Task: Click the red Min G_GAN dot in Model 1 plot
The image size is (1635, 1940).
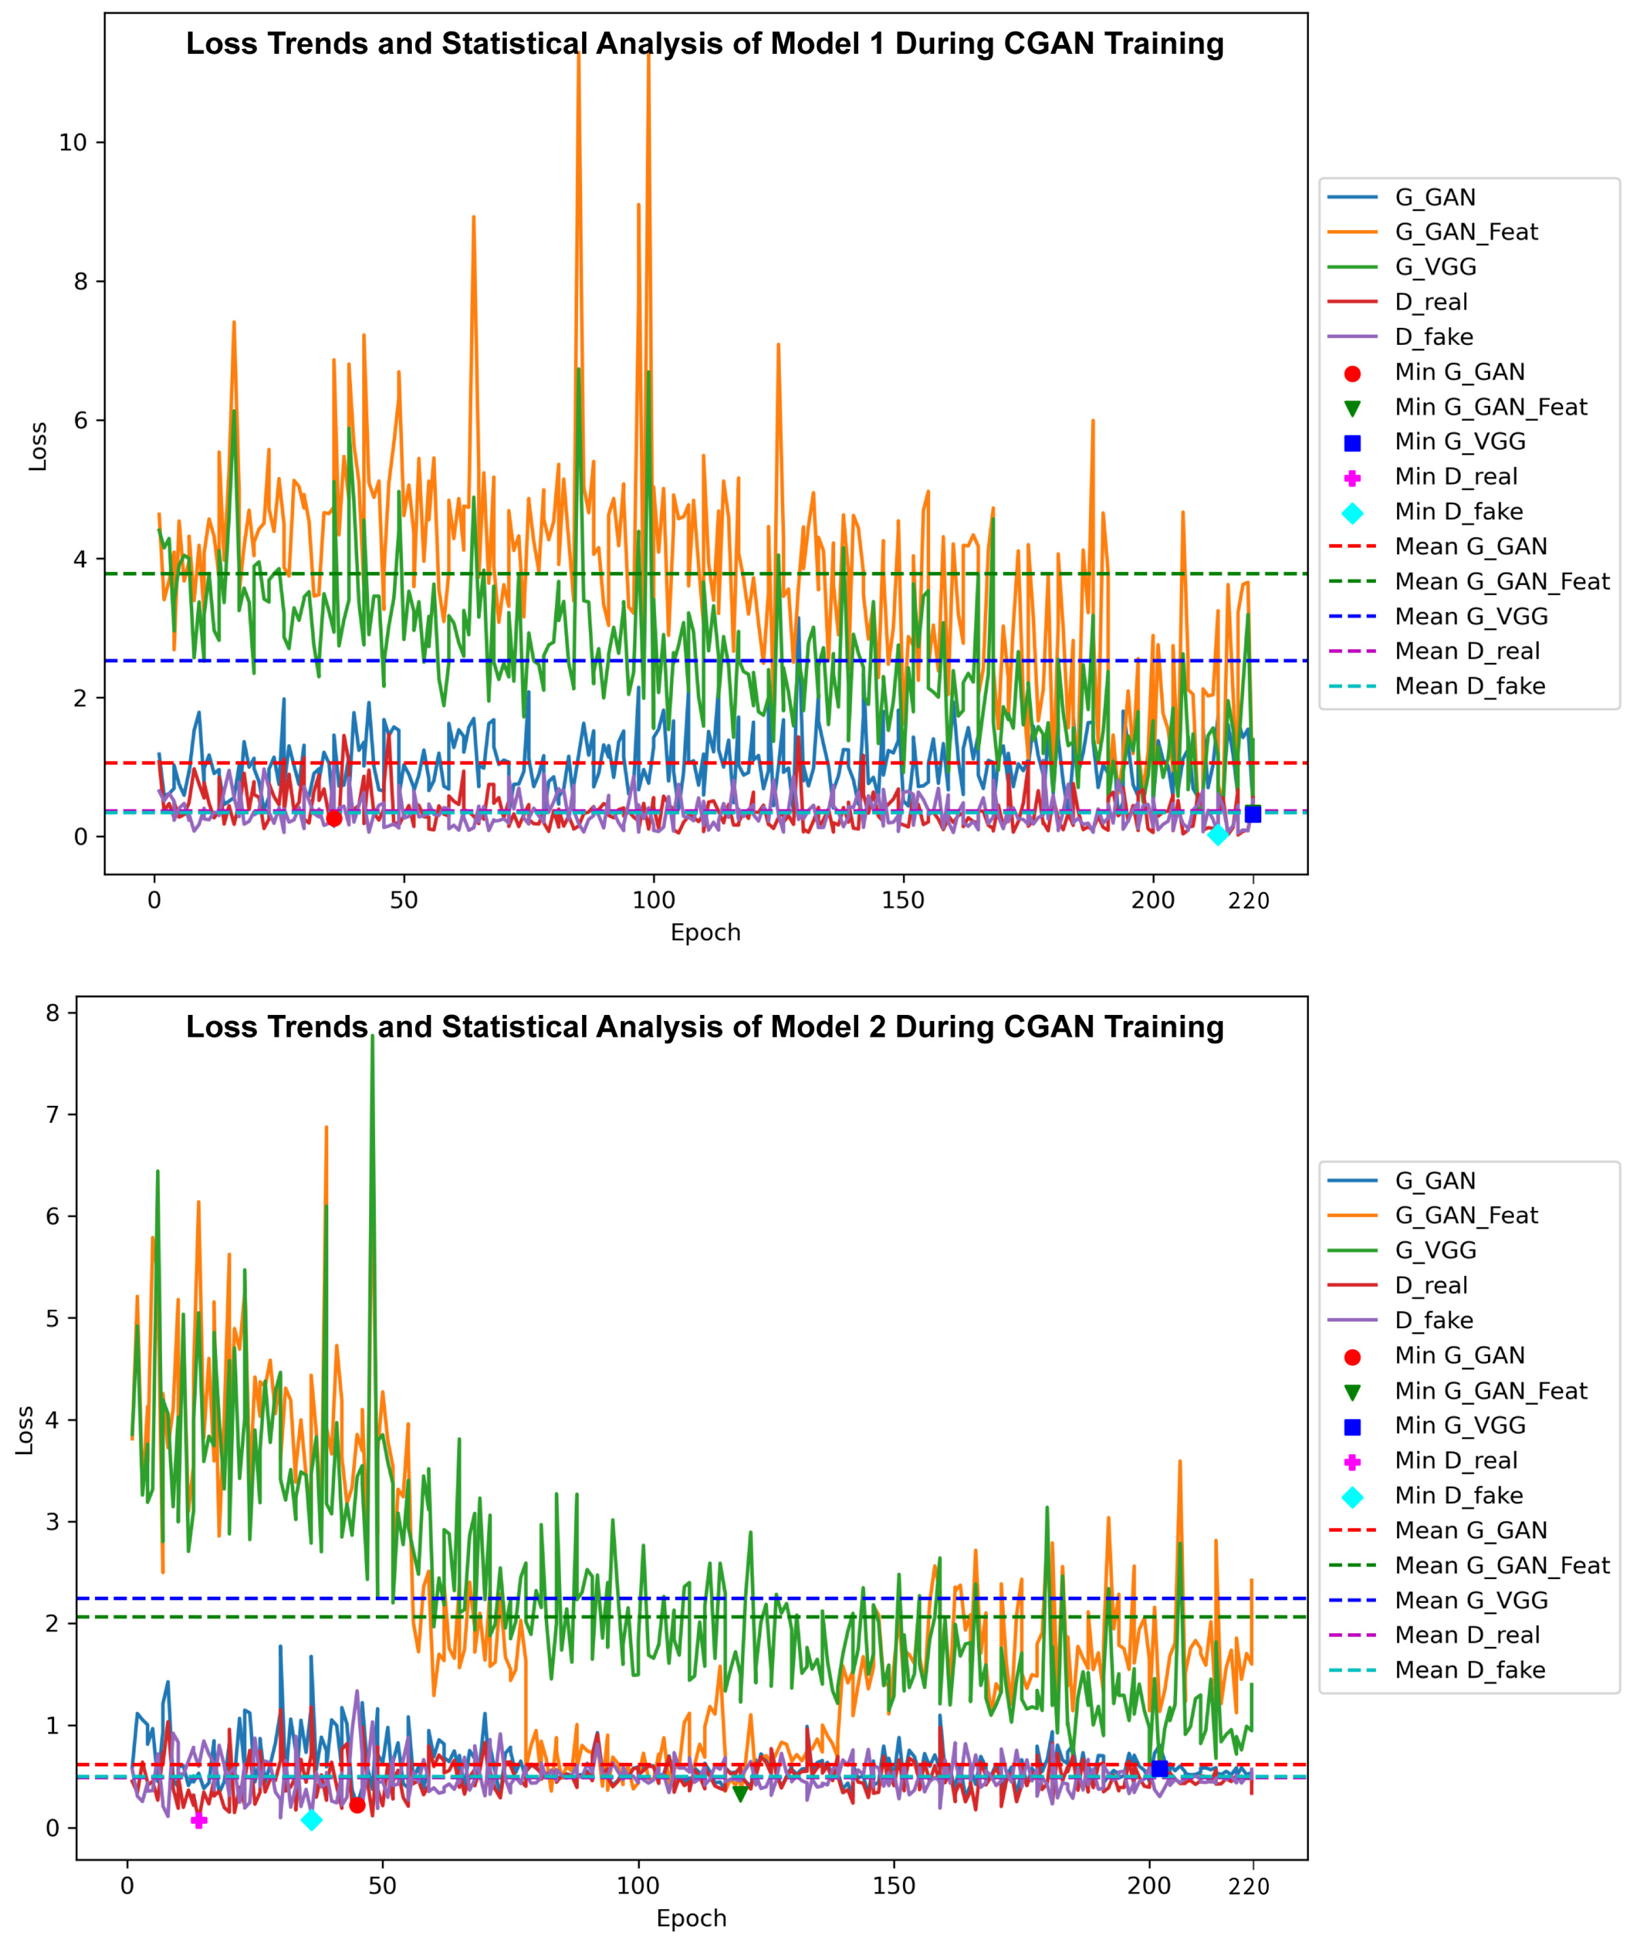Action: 334,818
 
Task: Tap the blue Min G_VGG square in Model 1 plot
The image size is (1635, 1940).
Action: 1252,814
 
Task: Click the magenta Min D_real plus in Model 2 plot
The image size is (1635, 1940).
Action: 198,1820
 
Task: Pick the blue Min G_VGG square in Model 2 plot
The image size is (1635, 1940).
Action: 1159,1769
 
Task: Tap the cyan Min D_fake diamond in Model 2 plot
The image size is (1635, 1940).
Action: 311,1820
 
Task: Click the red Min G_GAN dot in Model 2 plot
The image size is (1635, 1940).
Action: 357,1805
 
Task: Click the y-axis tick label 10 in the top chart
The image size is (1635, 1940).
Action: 72,143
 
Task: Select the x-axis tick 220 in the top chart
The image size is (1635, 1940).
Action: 1248,901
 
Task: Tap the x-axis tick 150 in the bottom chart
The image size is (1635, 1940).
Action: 893,1885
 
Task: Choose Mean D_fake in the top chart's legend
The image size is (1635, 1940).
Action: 1470,686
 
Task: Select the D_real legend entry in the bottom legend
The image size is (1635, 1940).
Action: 1431,1285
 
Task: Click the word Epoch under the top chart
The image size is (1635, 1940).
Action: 706,932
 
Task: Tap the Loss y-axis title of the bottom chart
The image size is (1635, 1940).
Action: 25,1430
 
